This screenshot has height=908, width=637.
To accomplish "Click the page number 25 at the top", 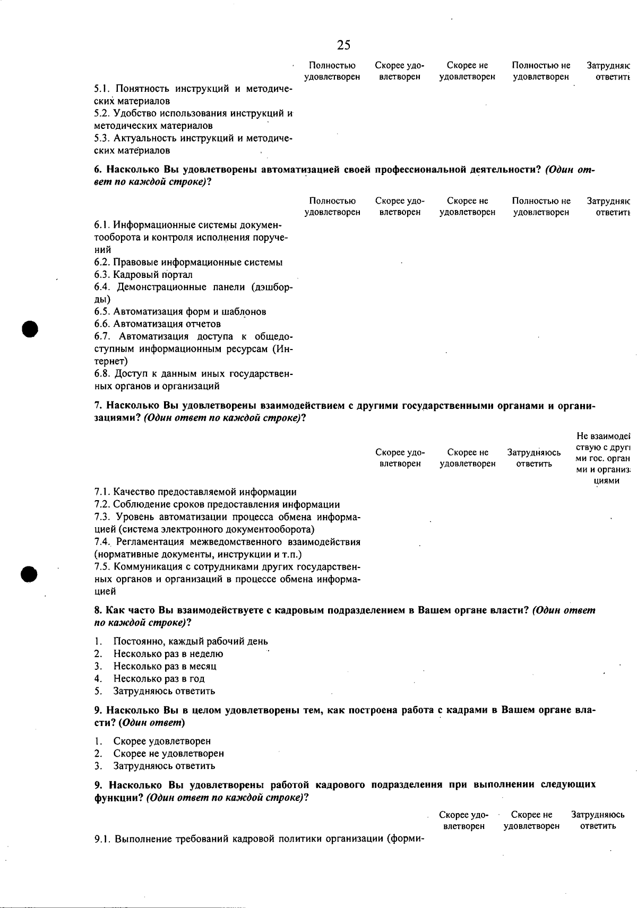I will click(343, 45).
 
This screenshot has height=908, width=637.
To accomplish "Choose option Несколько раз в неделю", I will click(168, 654).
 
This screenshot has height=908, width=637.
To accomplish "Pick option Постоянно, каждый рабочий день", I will click(190, 642).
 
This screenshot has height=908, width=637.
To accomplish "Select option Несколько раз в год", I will click(159, 679).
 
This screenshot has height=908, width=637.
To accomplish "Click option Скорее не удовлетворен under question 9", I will click(168, 754).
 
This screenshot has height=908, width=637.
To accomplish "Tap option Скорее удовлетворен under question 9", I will click(162, 741).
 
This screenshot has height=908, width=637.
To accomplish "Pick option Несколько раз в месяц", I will click(165, 666).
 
